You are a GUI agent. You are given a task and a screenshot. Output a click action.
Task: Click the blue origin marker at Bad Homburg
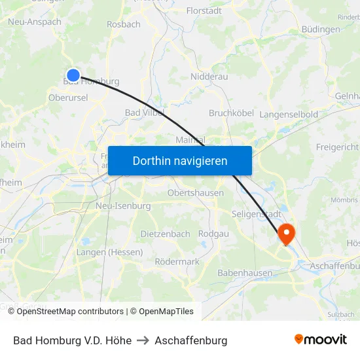coord(73,75)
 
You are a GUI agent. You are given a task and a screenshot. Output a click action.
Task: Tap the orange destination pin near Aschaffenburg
coord(287,233)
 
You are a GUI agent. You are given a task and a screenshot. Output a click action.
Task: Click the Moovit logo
coord(320,340)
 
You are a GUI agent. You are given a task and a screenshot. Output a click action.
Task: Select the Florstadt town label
coord(204,10)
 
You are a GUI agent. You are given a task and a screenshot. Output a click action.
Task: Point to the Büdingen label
coord(321,29)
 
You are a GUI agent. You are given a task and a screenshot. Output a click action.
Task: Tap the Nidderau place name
coord(209,77)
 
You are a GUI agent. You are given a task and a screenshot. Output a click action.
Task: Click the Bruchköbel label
coord(231,113)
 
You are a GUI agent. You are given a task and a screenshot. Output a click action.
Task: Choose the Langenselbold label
coord(289,115)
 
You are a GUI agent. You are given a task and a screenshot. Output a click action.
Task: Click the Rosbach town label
coord(124,24)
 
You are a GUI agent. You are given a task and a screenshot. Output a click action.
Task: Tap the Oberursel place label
coord(67,98)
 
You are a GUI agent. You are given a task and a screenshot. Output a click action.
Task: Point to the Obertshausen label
coord(195,193)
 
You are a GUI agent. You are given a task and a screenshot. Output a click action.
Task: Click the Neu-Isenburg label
coord(123,206)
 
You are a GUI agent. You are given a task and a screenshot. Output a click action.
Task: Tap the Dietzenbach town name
coord(165,234)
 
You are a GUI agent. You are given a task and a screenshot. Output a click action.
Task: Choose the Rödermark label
coord(177,261)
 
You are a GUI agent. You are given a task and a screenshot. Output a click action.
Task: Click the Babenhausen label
coord(245,272)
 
